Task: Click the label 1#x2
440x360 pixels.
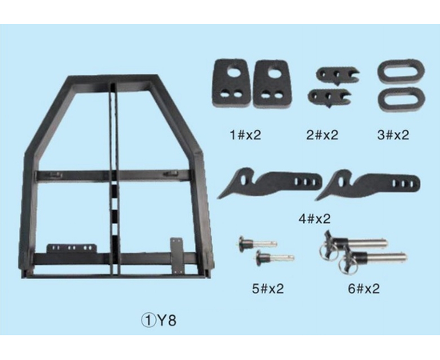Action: point(246,135)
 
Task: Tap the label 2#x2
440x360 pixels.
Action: point(322,135)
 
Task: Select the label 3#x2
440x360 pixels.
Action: point(393,135)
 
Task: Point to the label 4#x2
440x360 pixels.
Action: point(314,218)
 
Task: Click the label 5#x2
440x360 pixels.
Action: point(268,289)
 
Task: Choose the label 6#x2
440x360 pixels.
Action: point(364,289)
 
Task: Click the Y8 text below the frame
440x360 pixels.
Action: point(166,321)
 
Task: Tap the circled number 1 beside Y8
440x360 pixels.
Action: point(148,321)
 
